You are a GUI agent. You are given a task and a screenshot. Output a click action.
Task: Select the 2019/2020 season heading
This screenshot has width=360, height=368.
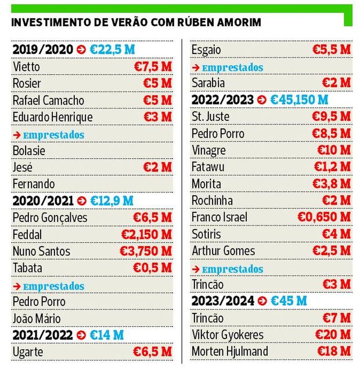point(43,50)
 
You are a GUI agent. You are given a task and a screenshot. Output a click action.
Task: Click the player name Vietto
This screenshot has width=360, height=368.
point(27,67)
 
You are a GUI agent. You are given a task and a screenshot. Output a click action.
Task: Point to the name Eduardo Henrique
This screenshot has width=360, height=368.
point(52,117)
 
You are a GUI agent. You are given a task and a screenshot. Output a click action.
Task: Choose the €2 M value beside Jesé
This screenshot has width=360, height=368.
point(157,167)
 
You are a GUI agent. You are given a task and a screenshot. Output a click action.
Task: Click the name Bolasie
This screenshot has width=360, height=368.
point(29,151)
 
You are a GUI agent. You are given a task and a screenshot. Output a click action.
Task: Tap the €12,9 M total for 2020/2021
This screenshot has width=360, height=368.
point(111,201)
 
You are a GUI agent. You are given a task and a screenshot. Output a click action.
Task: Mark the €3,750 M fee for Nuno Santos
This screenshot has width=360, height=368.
point(146,251)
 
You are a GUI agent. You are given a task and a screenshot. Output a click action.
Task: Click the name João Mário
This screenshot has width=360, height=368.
point(37,319)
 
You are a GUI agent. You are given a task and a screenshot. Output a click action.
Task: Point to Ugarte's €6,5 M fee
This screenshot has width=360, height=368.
point(153,352)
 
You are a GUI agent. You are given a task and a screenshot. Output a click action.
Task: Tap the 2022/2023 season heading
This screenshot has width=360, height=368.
point(222,100)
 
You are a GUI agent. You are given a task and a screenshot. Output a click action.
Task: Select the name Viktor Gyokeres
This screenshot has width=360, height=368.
point(228,335)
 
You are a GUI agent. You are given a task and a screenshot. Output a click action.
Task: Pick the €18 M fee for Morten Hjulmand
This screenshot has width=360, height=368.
point(334,352)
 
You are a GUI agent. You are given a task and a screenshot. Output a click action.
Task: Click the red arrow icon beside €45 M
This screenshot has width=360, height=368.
point(262,301)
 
